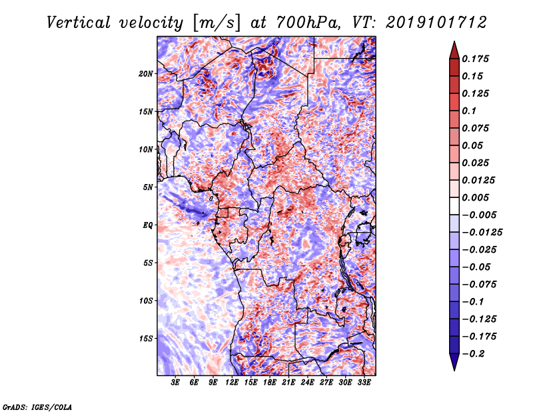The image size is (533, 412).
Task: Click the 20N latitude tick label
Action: tap(146, 74)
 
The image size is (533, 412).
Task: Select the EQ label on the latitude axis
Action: tap(147, 225)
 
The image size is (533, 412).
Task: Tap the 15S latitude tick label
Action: tap(146, 339)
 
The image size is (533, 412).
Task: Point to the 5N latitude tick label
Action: tap(148, 187)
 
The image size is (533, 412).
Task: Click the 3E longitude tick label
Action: tap(175, 383)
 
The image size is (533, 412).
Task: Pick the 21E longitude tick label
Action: tap(288, 383)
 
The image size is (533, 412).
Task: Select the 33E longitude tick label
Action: tap(364, 383)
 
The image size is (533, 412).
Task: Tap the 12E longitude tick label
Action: tap(231, 383)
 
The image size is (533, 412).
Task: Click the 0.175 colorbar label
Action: tap(475, 59)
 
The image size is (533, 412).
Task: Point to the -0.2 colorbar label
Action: tap(474, 354)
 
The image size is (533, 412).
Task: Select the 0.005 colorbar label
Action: tap(475, 197)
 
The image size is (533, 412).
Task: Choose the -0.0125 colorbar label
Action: tap(482, 233)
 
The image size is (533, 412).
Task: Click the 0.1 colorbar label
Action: tap(469, 111)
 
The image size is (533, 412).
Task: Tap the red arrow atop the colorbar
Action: tap(454, 50)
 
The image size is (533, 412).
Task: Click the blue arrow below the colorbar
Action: tap(454, 362)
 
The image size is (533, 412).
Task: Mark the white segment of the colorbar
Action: tap(454, 206)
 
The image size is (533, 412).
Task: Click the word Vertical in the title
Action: tap(78, 23)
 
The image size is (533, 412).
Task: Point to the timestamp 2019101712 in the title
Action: tap(436, 23)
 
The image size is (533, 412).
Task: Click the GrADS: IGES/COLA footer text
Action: tap(37, 407)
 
